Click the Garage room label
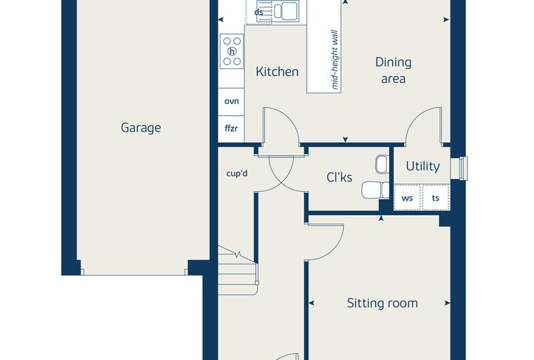[x=141, y=128]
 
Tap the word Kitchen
[x=277, y=72]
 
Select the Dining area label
[x=393, y=70]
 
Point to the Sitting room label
[x=382, y=303]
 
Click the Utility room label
[x=423, y=166]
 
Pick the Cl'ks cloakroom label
[x=339, y=177]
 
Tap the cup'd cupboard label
[x=237, y=174]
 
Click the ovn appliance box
[x=231, y=101]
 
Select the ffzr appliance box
[x=231, y=129]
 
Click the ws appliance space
[x=408, y=198]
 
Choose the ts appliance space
[x=436, y=198]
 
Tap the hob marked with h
[x=232, y=51]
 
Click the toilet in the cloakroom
[x=375, y=190]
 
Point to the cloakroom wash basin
[x=382, y=164]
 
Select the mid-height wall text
[x=334, y=60]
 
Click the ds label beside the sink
[x=259, y=12]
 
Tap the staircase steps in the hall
[x=237, y=270]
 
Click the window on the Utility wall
[x=460, y=168]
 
